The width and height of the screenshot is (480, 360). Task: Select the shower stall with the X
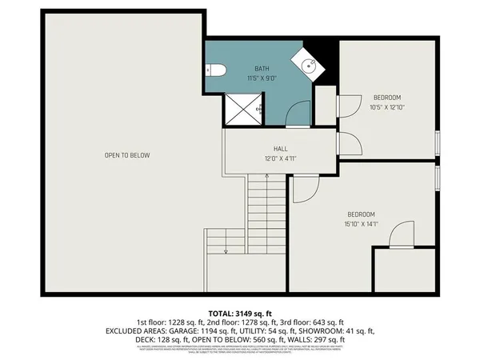(243, 108)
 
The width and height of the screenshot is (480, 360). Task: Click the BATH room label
(262, 70)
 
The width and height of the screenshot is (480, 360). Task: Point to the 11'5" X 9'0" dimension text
(262, 78)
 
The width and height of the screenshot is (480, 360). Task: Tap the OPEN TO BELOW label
(126, 155)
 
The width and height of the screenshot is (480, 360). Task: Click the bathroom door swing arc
(297, 113)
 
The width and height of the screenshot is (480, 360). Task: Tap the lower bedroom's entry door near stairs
(306, 187)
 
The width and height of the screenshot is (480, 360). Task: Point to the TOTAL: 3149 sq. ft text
(240, 313)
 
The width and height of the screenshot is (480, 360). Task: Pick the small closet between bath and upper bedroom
(325, 105)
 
